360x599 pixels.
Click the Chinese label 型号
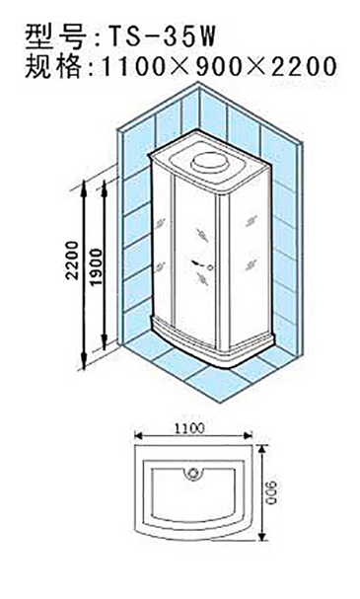tap(55, 37)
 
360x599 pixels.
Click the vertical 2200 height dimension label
tap(72, 261)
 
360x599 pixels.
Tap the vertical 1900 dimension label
tap(97, 266)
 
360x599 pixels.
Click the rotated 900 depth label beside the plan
tap(272, 492)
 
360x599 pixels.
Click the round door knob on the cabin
tap(209, 266)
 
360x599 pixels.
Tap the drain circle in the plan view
tap(194, 473)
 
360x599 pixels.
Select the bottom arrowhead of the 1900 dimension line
tap(104, 343)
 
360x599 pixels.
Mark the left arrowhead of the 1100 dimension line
tap(139, 436)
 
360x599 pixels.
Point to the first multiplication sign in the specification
tap(178, 67)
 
